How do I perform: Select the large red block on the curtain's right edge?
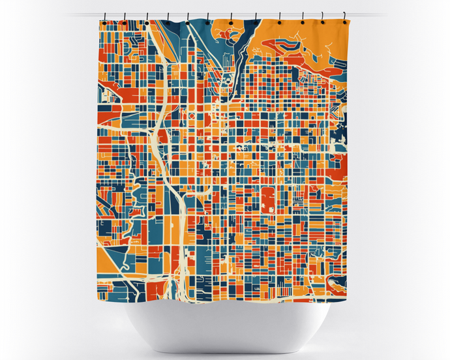pos(342,167)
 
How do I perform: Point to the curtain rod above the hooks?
pos(225,13)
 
